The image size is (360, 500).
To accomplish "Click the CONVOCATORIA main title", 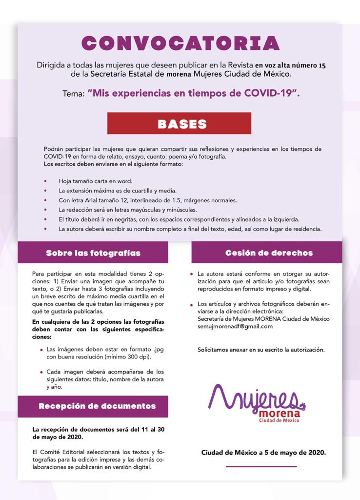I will coord(180,43).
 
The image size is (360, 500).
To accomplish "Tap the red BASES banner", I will coord(179,124).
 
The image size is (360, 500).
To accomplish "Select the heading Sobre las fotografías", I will coord(93,253).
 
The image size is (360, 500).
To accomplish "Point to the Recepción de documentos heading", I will coord(97,406).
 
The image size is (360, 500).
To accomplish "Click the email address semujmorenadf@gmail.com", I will coord(235,326).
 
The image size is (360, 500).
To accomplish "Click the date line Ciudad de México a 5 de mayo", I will coord(263,453).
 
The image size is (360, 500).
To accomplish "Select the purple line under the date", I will coord(261,467).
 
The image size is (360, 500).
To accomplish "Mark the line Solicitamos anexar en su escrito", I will coord(261,350).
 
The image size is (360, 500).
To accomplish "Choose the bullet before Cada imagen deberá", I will coord(41,372).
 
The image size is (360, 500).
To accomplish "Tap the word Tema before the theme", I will coord(73,93).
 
